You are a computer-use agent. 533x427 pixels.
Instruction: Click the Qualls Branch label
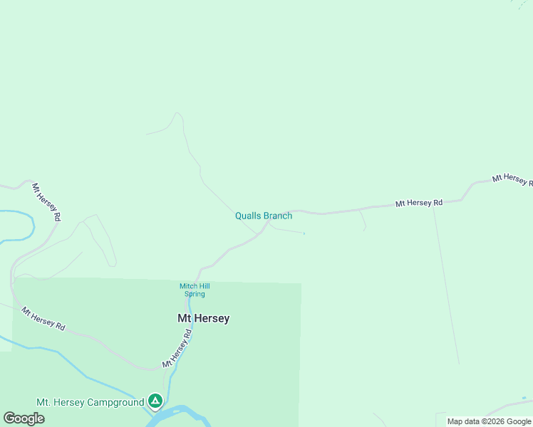(264, 216)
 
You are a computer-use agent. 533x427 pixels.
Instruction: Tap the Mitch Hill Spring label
(193, 290)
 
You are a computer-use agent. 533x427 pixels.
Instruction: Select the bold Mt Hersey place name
(203, 319)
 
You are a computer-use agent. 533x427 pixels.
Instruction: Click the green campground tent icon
(155, 401)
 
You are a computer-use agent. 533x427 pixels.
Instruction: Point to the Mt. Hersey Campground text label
(90, 403)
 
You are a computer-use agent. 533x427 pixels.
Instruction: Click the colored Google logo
(24, 418)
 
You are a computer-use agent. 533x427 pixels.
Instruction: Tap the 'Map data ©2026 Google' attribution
(488, 421)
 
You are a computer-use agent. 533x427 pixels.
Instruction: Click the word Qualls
(248, 216)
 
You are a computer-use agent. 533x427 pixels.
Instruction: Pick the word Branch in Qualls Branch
(278, 216)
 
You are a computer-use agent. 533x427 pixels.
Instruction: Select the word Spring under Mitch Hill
(194, 294)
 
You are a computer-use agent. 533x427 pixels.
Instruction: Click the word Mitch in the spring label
(186, 287)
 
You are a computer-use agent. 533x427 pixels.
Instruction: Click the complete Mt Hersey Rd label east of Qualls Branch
(419, 203)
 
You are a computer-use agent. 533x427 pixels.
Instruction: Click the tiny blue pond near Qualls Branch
(304, 233)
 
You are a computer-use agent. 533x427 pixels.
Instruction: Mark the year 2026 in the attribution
(492, 421)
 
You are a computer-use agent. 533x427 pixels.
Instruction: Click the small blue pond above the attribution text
(524, 398)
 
